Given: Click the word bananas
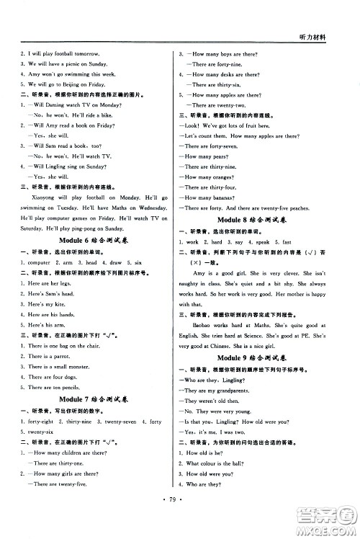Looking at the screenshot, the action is click(x=220, y=197).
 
